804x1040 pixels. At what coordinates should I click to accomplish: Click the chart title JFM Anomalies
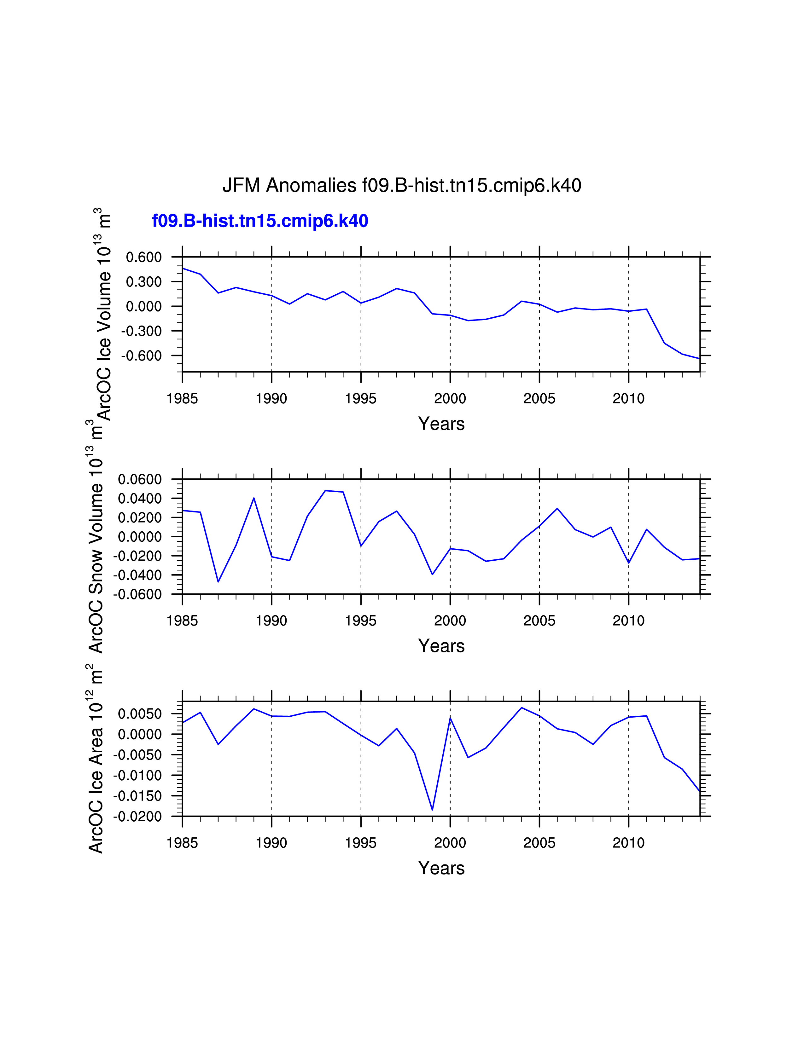pyautogui.click(x=401, y=185)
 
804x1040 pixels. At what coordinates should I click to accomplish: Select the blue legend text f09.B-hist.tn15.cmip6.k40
pyautogui.click(x=260, y=221)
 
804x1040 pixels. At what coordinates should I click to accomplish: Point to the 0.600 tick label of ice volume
pyautogui.click(x=144, y=257)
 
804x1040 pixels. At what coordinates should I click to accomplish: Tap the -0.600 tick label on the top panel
pyautogui.click(x=142, y=356)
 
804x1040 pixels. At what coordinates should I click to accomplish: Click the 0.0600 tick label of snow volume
pyautogui.click(x=140, y=480)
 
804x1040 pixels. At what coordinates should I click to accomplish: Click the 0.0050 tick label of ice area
pyautogui.click(x=140, y=714)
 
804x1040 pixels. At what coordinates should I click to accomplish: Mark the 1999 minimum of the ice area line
pyautogui.click(x=432, y=810)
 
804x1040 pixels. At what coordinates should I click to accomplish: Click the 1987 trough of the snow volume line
pyautogui.click(x=218, y=581)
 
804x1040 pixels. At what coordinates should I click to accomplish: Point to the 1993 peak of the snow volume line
pyautogui.click(x=325, y=490)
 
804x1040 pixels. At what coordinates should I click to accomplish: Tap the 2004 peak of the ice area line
pyautogui.click(x=521, y=708)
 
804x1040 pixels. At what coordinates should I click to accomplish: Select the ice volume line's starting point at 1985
pyautogui.click(x=183, y=269)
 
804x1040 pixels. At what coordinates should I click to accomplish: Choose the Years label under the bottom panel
pyautogui.click(x=441, y=868)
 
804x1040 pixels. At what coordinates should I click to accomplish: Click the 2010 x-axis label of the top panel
pyautogui.click(x=628, y=399)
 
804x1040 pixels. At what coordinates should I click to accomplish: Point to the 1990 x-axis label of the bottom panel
pyautogui.click(x=271, y=843)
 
